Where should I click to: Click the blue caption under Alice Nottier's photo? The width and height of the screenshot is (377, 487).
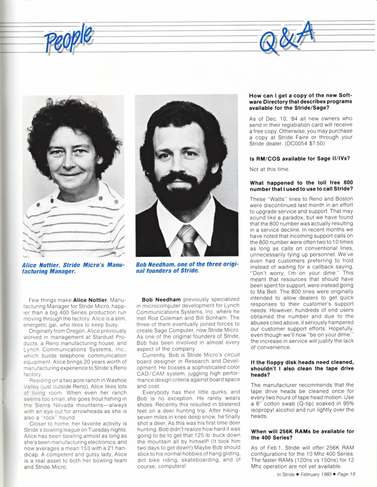pyautogui.click(x=73, y=268)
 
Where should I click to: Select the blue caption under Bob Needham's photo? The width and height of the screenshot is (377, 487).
pyautogui.click(x=187, y=268)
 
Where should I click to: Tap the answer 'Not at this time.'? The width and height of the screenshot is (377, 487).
pyautogui.click(x=269, y=169)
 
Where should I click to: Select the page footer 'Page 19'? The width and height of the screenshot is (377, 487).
pyautogui.click(x=345, y=474)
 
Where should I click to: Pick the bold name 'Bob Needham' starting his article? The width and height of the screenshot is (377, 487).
pyautogui.click(x=161, y=300)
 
